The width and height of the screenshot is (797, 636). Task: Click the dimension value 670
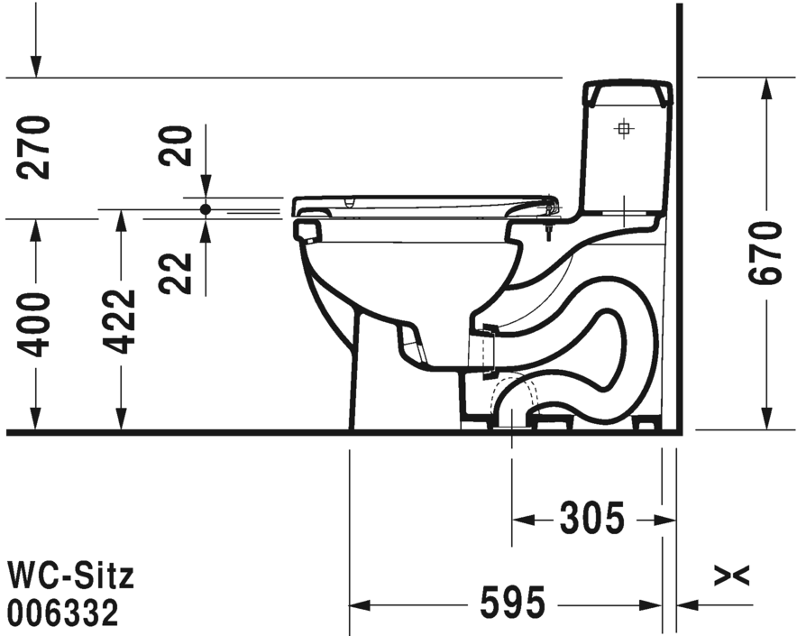765,253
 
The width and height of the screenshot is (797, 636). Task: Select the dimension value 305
591,520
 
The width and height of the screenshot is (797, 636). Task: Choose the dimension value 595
513,604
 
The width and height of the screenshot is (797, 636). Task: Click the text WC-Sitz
70,575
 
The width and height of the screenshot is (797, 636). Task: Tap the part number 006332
63,614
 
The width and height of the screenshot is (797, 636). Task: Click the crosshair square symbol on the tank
623,128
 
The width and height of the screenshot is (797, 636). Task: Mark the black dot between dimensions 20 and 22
206,208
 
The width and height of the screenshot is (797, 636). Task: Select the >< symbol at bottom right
731,575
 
